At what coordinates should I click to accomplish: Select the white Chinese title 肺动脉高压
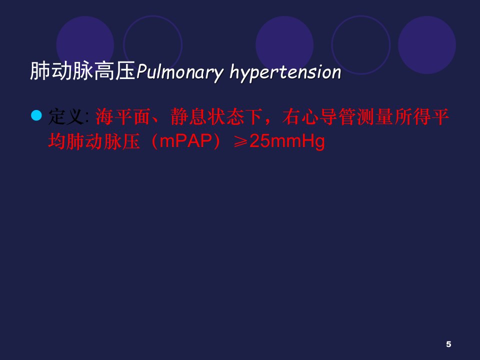[82, 71]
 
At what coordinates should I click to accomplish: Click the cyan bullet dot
[36, 115]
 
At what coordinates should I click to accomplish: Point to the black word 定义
[66, 116]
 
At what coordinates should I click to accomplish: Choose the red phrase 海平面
[123, 116]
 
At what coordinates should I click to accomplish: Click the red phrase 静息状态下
[216, 116]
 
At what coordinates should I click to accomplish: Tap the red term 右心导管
[319, 116]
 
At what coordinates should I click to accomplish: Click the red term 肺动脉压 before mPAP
[103, 141]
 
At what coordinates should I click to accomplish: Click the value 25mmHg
[287, 142]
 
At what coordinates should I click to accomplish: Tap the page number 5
[448, 344]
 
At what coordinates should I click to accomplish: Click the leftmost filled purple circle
[85, 45]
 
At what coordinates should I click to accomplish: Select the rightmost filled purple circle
[426, 45]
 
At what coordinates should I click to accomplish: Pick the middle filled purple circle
[284, 45]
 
